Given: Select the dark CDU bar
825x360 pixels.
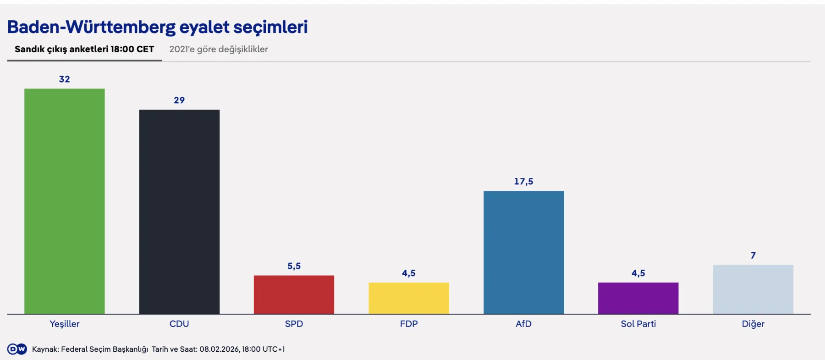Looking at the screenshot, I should [179, 211].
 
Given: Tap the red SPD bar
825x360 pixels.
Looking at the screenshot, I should [294, 294].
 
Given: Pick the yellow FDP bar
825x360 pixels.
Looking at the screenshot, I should [408, 298].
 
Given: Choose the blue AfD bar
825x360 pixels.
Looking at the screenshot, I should [523, 252].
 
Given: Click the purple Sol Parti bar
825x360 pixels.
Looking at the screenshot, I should [638, 298].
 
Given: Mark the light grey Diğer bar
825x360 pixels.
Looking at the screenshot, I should [753, 289].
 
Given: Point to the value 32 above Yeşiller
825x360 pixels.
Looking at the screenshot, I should [64, 79].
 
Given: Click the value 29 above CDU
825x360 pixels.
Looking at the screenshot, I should [179, 100].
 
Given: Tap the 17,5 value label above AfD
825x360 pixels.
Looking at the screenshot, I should [523, 182].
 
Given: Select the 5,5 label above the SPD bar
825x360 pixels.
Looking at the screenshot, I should [294, 266].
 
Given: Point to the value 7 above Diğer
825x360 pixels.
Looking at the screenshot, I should [753, 255].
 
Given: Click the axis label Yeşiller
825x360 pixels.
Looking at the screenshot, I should [64, 324].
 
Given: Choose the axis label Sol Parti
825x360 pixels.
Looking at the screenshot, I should [638, 324].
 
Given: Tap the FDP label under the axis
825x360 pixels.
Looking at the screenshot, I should [408, 324].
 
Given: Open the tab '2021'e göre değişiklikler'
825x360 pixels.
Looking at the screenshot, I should [218, 49].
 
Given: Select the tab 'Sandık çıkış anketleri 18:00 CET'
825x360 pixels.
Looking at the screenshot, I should [84, 49].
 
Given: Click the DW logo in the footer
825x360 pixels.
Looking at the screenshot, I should [17, 349].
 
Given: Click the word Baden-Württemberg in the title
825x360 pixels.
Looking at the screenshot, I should [91, 27].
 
